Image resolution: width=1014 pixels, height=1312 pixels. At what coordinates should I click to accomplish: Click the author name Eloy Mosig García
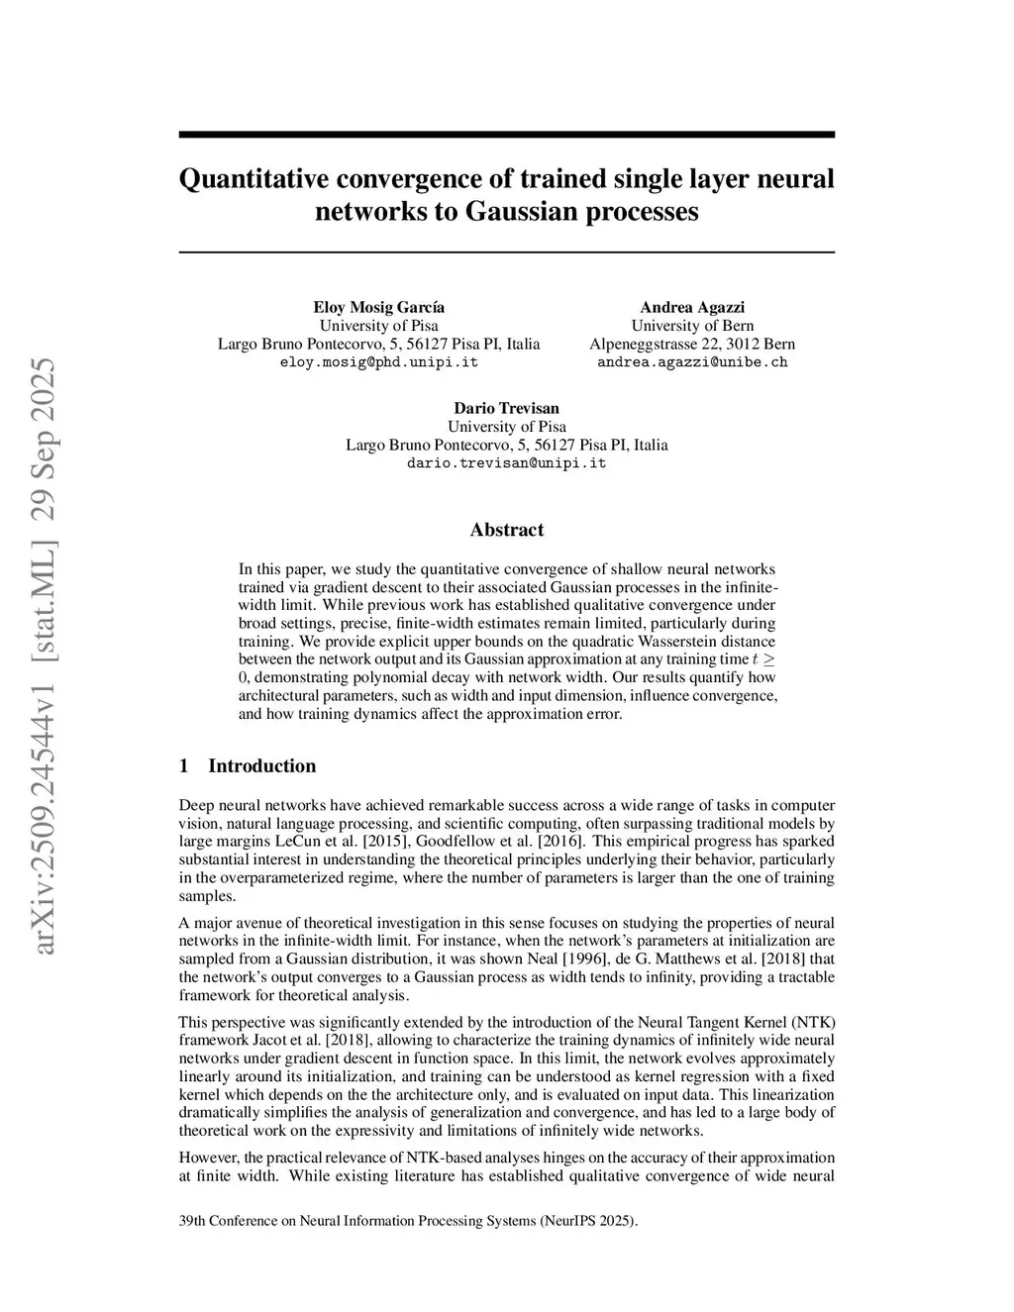coord(378,307)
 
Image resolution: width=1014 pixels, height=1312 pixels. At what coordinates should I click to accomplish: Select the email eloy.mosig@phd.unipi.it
coord(378,362)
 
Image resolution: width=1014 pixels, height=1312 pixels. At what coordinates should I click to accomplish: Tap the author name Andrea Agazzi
coord(692,307)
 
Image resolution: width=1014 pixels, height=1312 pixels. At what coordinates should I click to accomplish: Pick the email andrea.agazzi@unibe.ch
coord(692,362)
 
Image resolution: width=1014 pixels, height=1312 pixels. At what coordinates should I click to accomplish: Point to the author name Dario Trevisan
coord(506,408)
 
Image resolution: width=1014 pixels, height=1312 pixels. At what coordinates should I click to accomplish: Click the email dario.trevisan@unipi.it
coord(506,463)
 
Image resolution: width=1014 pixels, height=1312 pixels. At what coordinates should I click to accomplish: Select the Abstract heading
coord(506,530)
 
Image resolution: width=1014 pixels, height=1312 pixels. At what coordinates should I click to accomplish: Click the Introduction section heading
coord(261,765)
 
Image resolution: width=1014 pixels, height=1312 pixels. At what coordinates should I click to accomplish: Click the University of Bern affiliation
coord(692,326)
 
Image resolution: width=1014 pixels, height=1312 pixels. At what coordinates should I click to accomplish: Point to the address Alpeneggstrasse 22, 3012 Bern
coord(692,344)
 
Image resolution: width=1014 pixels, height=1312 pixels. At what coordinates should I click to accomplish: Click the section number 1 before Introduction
coord(183,765)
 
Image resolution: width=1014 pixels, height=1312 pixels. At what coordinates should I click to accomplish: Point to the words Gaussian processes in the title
coord(581,212)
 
